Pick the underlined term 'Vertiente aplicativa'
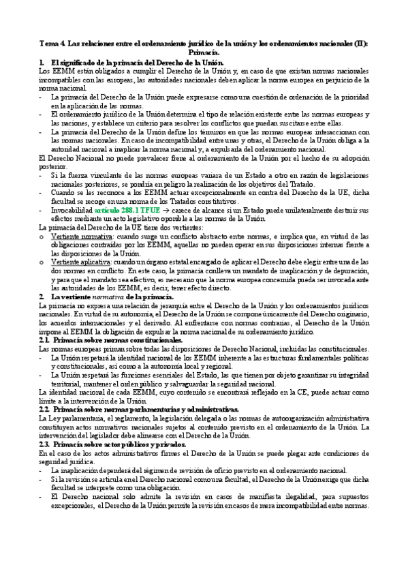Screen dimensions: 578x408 click(79, 262)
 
